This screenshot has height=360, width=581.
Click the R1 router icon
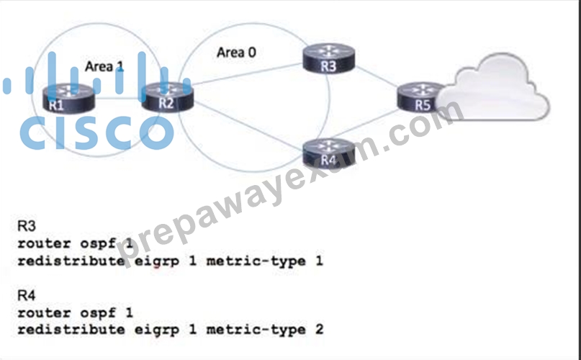coord(69,98)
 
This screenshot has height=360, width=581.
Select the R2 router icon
coord(168,96)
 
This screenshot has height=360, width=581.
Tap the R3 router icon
coord(329,58)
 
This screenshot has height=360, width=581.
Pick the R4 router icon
coord(329,153)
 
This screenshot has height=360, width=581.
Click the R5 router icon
coord(420,97)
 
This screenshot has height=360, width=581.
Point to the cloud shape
coord(493,89)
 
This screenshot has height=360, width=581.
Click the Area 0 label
coord(236,53)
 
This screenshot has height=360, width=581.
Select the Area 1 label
coord(104,66)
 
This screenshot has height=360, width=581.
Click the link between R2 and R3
coord(248,75)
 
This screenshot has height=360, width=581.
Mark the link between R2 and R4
coord(248,126)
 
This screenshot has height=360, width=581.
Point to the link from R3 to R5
coord(376,77)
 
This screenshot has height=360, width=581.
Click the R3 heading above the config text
coord(27,226)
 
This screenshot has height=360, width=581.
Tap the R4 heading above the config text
coord(27,295)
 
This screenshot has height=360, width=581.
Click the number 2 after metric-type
coord(319,329)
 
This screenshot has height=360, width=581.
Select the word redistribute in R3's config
coord(71,261)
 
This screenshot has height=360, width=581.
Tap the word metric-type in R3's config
coord(256,261)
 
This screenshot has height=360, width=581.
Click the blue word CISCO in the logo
coord(96,132)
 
